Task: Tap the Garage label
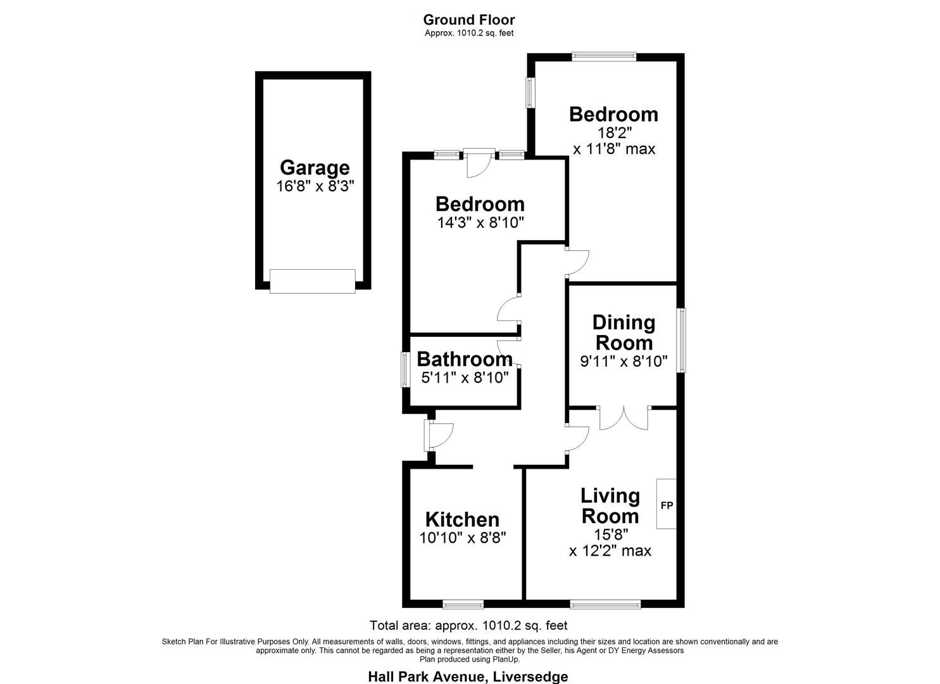(315, 168)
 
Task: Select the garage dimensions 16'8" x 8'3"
(315, 186)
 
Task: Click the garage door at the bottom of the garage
(312, 281)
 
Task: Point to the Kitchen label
(462, 519)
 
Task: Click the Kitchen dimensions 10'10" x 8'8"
(462, 538)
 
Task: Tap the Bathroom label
(464, 359)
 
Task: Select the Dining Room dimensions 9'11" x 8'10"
(624, 362)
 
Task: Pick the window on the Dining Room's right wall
(681, 340)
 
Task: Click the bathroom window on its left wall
(405, 369)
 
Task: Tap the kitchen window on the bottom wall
(463, 604)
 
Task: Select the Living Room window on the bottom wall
(605, 604)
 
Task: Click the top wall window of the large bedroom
(604, 57)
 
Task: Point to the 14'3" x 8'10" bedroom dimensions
(480, 223)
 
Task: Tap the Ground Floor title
(469, 20)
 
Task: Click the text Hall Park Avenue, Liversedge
(468, 676)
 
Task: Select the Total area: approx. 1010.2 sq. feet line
(468, 626)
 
